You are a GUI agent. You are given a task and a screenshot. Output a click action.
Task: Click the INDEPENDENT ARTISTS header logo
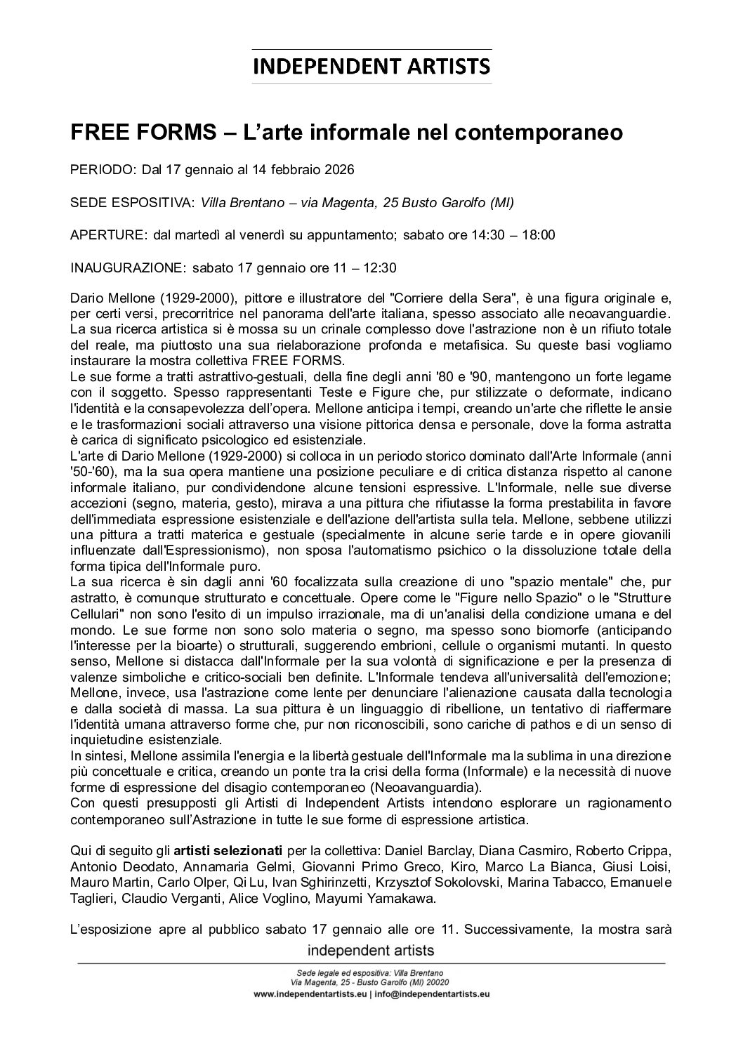click(x=371, y=67)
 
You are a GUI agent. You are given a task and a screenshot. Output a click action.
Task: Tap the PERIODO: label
click(x=104, y=170)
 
